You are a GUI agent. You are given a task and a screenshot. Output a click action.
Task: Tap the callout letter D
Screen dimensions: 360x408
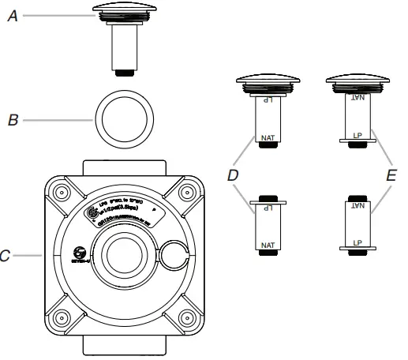[233, 175]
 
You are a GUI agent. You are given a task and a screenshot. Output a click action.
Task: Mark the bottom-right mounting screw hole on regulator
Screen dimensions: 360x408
[187, 320]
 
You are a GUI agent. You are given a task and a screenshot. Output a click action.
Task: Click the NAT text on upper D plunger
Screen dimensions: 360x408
[267, 137]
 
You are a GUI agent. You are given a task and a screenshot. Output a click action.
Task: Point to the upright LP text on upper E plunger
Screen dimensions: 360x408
[357, 135]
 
